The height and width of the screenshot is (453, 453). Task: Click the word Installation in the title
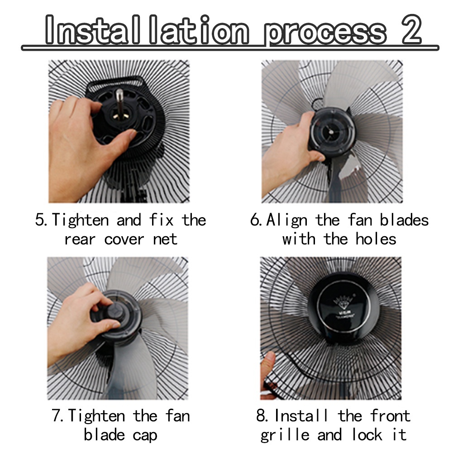click(x=147, y=30)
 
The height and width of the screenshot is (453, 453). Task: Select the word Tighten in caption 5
click(x=80, y=220)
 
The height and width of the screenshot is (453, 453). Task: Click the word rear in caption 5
click(x=80, y=240)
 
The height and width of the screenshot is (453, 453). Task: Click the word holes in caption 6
click(x=376, y=239)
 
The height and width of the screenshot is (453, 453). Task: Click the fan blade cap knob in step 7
click(x=114, y=311)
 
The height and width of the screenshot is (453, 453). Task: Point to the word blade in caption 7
click(x=104, y=434)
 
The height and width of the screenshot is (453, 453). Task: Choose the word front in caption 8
click(x=390, y=416)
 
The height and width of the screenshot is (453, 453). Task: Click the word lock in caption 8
click(x=367, y=434)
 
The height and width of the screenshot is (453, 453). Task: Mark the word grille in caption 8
click(x=285, y=435)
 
